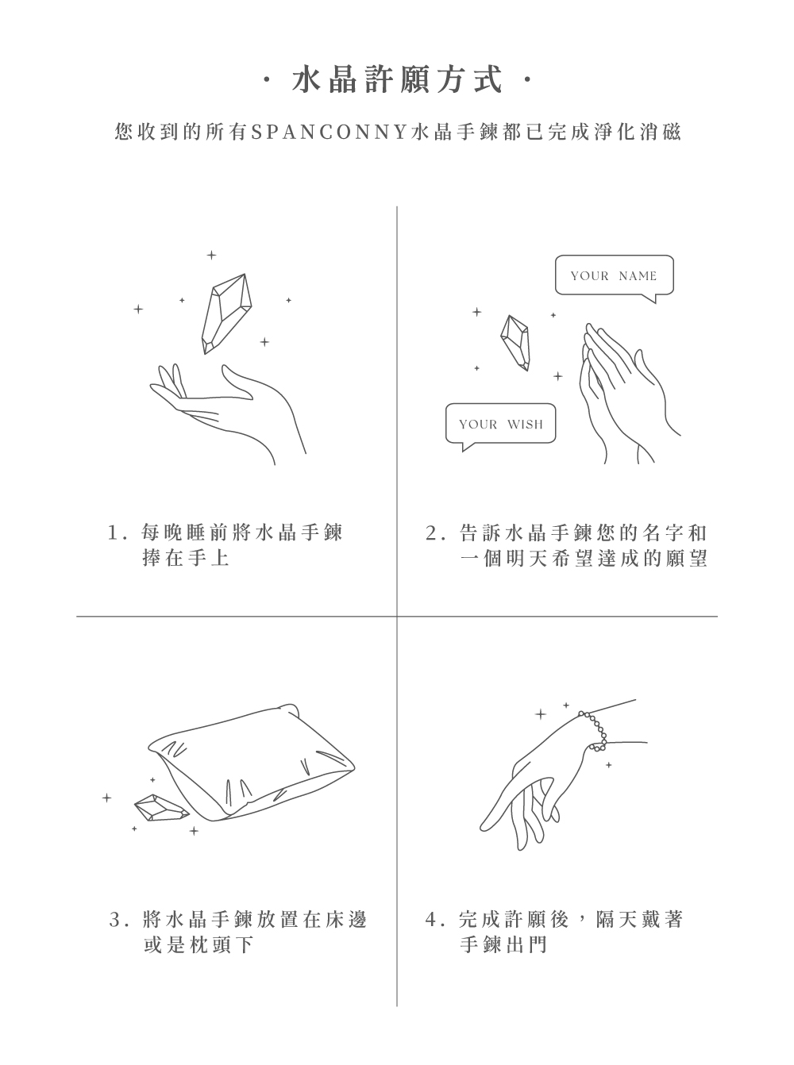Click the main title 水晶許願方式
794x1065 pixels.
click(397, 79)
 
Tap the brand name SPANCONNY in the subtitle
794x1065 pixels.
click(330, 132)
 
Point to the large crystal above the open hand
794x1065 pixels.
click(226, 313)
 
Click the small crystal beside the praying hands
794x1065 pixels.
click(515, 342)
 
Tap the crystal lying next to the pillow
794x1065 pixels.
click(161, 808)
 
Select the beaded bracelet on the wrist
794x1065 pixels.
click(594, 731)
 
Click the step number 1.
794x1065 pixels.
click(113, 532)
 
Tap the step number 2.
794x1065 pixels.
click(431, 532)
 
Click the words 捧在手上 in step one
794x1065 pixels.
click(186, 558)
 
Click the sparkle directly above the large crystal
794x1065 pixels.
click(211, 255)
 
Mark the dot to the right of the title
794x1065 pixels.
click(527, 79)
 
